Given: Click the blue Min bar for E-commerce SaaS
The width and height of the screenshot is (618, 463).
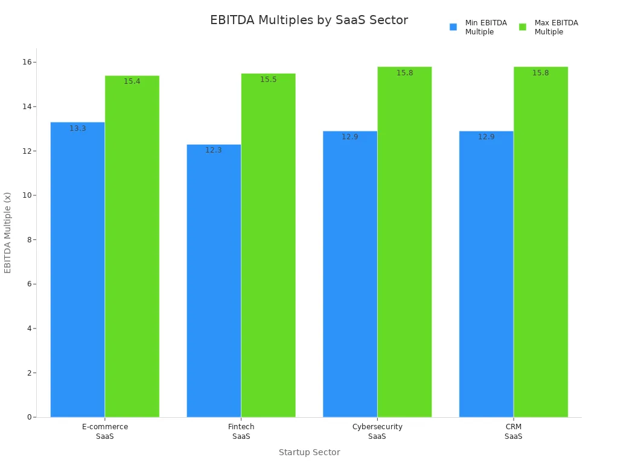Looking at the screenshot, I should tap(77, 271).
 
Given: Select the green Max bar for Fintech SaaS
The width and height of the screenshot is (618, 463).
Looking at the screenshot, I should tap(268, 247).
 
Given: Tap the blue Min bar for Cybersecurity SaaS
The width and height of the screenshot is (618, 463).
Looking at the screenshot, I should tap(350, 274).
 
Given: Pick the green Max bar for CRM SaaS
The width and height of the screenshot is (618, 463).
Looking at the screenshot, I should tap(540, 241).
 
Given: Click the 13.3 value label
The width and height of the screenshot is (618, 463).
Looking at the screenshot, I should tap(78, 128).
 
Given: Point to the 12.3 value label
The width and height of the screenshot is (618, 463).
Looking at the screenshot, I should tap(214, 150).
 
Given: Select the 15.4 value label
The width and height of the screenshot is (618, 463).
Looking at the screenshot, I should tap(132, 81).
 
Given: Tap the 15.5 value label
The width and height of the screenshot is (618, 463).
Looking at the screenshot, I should tap(269, 80).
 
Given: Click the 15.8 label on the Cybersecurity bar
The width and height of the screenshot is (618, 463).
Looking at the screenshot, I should tap(405, 73).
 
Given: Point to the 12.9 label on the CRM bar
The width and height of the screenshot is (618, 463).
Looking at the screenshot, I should tap(486, 137).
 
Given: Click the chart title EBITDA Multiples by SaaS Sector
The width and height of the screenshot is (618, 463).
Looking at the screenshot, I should tap(309, 20).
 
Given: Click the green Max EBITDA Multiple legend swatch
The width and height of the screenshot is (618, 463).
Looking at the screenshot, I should tap(523, 27).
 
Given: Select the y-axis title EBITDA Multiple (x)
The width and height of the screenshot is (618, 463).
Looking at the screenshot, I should tap(8, 232).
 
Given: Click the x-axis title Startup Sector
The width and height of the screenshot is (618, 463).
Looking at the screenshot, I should tap(309, 452).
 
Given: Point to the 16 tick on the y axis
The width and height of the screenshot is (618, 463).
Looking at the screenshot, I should tap(27, 62).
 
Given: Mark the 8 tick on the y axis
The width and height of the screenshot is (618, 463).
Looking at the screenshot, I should tap(29, 240).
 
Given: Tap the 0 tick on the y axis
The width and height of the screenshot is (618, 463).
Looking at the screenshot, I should tap(29, 417).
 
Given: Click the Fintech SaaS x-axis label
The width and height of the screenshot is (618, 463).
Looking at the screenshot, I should tap(241, 431).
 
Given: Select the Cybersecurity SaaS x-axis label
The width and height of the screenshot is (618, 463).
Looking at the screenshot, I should tap(377, 431).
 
